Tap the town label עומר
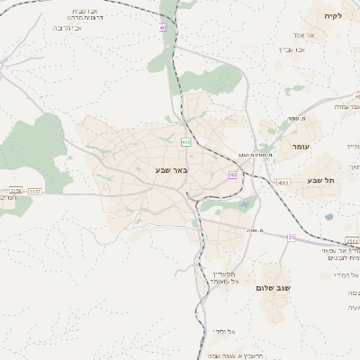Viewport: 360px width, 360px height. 300,146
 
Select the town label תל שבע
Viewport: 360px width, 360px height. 321,180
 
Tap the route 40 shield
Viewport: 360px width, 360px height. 163,28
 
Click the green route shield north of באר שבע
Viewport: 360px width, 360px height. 186,142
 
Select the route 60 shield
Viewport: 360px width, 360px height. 232,175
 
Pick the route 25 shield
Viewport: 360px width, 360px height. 292,237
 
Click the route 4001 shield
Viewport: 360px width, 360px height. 283,183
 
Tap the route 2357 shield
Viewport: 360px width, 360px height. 35,191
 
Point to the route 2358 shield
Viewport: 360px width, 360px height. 15,191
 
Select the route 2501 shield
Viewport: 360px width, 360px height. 352,241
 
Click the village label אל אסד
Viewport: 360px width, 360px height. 302,36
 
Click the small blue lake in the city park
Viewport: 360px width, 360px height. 243,205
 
